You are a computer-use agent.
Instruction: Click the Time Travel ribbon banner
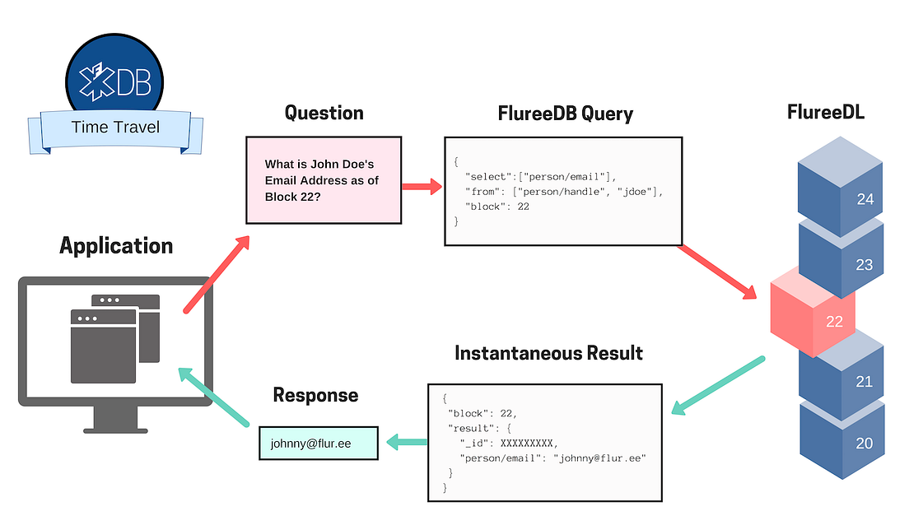click(x=115, y=128)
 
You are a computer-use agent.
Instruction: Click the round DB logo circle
click(x=115, y=74)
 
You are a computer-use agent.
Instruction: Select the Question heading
click(x=324, y=113)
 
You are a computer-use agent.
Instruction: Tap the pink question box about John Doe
click(x=324, y=180)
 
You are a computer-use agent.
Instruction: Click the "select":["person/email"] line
click(x=540, y=176)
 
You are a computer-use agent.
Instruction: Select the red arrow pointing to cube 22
click(x=716, y=272)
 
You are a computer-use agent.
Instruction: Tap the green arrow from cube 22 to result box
click(x=717, y=385)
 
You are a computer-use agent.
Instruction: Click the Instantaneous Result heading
click(x=548, y=354)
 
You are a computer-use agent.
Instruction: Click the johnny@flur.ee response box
click(x=319, y=444)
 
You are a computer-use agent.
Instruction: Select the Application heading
click(x=116, y=245)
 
